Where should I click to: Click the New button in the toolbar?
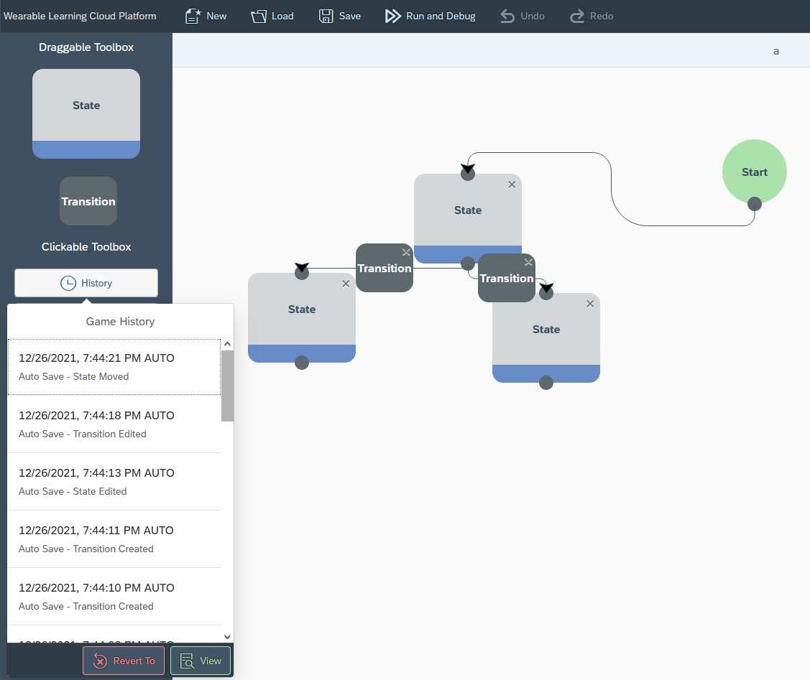(206, 16)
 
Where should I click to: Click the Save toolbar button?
(340, 16)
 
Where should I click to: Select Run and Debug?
(431, 16)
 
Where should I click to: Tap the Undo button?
(523, 16)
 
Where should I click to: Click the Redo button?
(592, 16)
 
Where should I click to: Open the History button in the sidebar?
(86, 283)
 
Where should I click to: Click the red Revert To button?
(124, 661)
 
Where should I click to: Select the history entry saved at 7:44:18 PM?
(114, 424)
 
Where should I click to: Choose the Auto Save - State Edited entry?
(114, 481)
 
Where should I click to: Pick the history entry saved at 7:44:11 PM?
(114, 539)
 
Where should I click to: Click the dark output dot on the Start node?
(755, 204)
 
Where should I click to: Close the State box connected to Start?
(512, 185)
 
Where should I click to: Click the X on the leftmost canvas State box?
(346, 284)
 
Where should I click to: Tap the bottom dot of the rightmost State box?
(546, 383)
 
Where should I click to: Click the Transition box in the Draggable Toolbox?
(88, 201)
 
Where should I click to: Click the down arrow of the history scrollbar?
(228, 636)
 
